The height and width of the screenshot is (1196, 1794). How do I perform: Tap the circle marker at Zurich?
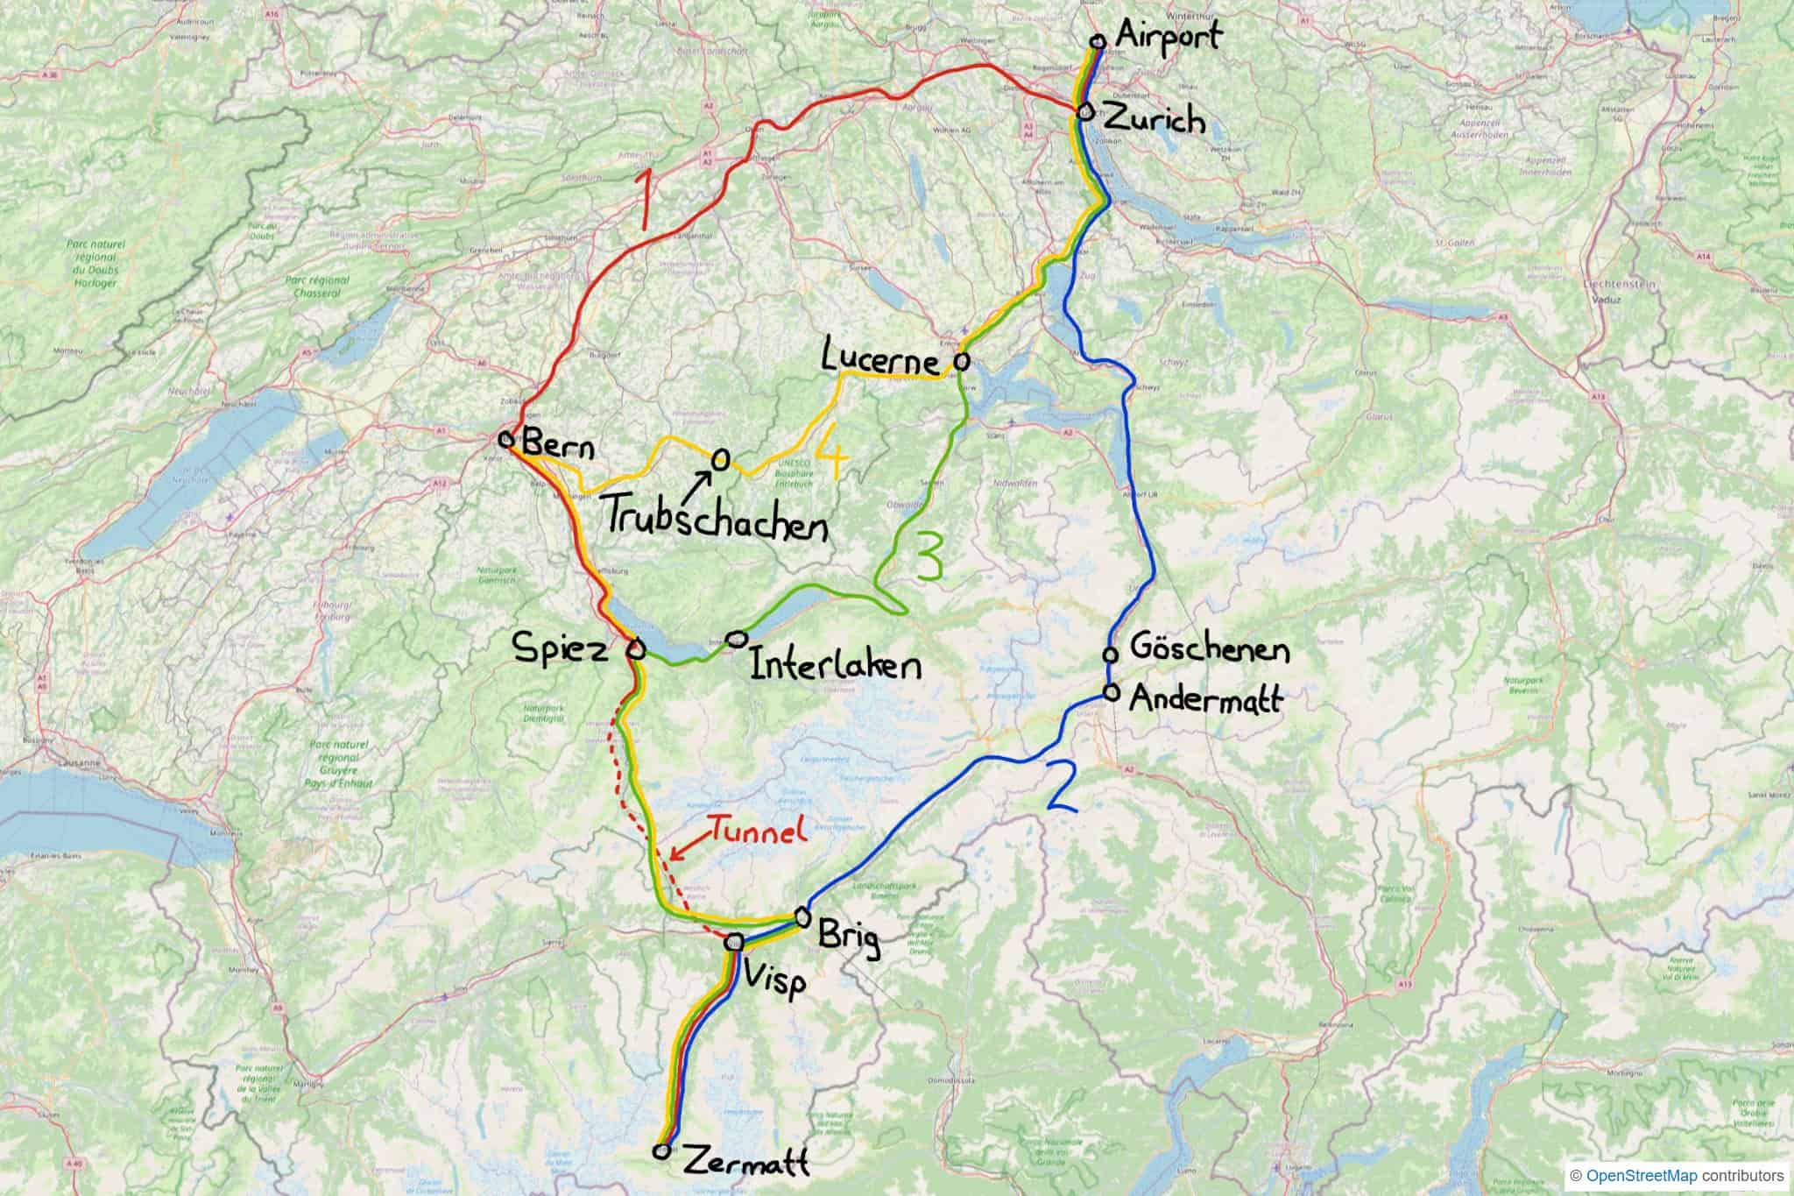1085,112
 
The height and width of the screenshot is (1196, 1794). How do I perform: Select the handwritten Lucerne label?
883,357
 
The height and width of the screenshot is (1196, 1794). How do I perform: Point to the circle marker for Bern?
505,438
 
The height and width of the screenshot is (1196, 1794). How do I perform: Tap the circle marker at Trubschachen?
720,458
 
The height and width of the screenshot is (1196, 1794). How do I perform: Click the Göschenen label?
1210,650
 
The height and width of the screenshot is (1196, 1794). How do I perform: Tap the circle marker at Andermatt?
1112,692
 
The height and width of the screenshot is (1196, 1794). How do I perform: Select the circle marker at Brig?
802,916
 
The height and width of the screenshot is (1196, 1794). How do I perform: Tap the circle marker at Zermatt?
663,1150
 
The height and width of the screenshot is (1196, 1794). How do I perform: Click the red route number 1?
646,200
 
